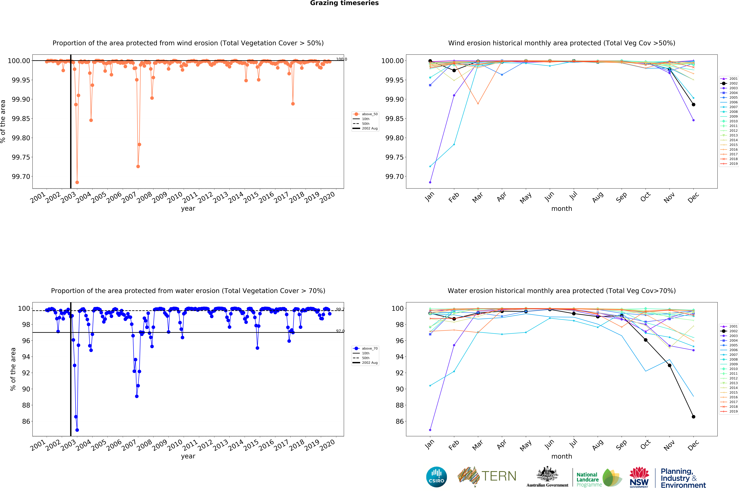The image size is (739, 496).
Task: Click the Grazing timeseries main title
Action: pyautogui.click(x=344, y=3)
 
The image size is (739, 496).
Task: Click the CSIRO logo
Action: pyautogui.click(x=436, y=477)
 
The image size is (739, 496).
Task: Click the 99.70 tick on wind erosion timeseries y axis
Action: pyautogui.click(x=21, y=177)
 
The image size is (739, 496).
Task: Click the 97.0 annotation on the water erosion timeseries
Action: pyautogui.click(x=340, y=331)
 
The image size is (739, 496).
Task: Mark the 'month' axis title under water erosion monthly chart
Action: pyautogui.click(x=561, y=456)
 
